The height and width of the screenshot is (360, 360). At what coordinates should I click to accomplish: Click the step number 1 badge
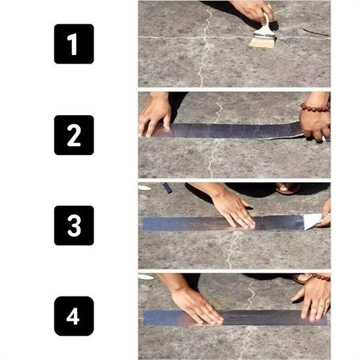pyautogui.click(x=73, y=44)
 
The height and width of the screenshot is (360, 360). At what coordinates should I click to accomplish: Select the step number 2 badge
pyautogui.click(x=73, y=135)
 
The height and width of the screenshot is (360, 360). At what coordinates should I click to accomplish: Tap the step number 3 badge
pyautogui.click(x=73, y=225)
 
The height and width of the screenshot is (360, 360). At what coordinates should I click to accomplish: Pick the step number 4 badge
pyautogui.click(x=73, y=316)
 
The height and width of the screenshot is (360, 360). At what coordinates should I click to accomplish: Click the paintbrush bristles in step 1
pyautogui.click(x=262, y=40)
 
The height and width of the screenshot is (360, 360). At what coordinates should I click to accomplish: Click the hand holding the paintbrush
pyautogui.click(x=252, y=9)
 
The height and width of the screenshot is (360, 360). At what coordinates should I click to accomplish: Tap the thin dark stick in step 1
pyautogui.click(x=316, y=32)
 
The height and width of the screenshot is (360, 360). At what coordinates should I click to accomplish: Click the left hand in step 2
pyautogui.click(x=154, y=114)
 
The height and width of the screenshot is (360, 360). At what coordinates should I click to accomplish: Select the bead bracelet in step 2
pyautogui.click(x=315, y=107)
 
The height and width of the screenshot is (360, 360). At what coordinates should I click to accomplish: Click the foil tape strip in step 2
pyautogui.click(x=229, y=130)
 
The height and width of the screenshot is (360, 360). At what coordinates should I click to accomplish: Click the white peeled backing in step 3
pyautogui.click(x=313, y=221)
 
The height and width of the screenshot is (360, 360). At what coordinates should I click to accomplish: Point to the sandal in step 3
pyautogui.click(x=288, y=189)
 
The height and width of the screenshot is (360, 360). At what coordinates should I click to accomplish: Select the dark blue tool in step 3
pyautogui.click(x=167, y=188)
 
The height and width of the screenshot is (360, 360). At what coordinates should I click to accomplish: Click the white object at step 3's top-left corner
pyautogui.click(x=145, y=187)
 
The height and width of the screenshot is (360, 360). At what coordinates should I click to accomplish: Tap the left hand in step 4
pyautogui.click(x=196, y=305)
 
